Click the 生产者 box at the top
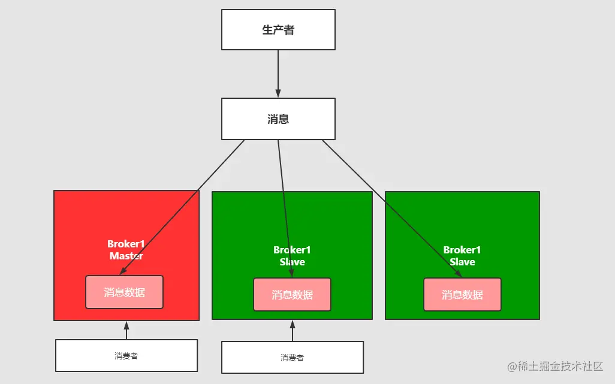point(278,30)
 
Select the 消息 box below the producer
point(278,119)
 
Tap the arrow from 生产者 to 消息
point(278,72)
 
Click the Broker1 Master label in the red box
point(126,250)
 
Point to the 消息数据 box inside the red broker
point(124,292)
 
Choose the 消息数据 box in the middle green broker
point(292,295)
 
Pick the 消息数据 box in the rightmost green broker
point(462,295)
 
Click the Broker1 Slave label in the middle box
point(292,256)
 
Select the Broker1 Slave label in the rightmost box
point(462,256)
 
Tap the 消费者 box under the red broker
point(126,356)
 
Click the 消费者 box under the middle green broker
point(292,358)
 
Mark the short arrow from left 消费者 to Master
point(126,331)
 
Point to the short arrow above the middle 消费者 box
point(292,331)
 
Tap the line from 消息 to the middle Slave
point(284,204)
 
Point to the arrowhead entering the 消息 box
point(278,93)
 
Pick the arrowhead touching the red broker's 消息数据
point(123,271)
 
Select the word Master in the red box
point(126,256)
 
